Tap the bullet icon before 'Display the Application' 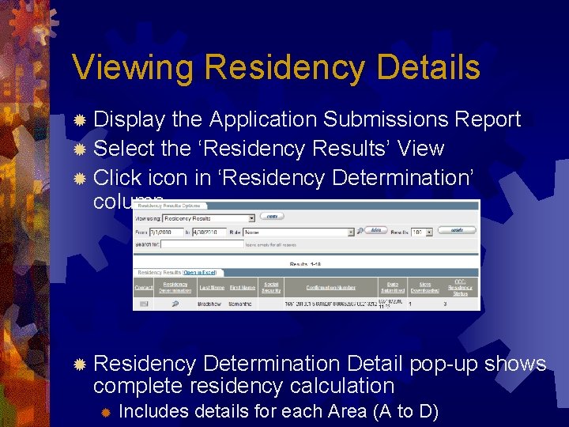click(x=79, y=120)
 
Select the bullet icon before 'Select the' click(x=79, y=149)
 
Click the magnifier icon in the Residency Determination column click(x=175, y=303)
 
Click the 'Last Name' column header click(x=211, y=288)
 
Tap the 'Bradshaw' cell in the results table click(x=211, y=303)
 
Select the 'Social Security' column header click(x=271, y=288)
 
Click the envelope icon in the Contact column click(x=144, y=303)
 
